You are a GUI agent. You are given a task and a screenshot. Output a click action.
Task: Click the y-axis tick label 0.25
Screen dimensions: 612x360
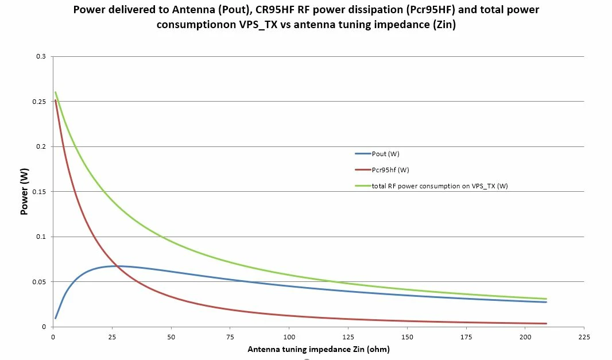pyautogui.click(x=38, y=102)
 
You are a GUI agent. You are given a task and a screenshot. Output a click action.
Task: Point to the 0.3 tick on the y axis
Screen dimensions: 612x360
pyautogui.click(x=41, y=56)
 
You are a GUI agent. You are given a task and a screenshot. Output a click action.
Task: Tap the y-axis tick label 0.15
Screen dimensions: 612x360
pyautogui.click(x=38, y=192)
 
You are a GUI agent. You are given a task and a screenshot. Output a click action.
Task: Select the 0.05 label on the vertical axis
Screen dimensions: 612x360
pyautogui.click(x=38, y=282)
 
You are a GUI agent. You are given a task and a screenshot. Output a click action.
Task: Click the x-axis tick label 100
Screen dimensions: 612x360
pyautogui.click(x=289, y=337)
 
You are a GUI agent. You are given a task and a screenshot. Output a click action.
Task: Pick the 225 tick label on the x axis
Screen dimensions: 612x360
pyautogui.click(x=584, y=337)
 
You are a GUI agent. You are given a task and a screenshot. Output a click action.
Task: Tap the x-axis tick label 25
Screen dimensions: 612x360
pyautogui.click(x=112, y=337)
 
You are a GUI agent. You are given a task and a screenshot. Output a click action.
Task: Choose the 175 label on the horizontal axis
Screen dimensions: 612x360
pyautogui.click(x=466, y=337)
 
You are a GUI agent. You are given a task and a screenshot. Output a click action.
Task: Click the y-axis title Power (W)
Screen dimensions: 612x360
pyautogui.click(x=24, y=191)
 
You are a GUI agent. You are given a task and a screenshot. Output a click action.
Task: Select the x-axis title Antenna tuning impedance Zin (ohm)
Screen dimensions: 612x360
pyautogui.click(x=319, y=349)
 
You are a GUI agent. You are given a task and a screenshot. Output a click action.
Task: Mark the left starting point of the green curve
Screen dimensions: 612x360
pyautogui.click(x=56, y=92)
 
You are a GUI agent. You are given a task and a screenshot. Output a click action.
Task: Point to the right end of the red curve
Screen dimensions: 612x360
pyautogui.click(x=546, y=323)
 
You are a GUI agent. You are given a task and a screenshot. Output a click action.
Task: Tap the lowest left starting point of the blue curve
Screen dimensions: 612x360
pyautogui.click(x=56, y=318)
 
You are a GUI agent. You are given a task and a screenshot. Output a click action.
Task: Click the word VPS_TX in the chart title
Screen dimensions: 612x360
pyautogui.click(x=258, y=25)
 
